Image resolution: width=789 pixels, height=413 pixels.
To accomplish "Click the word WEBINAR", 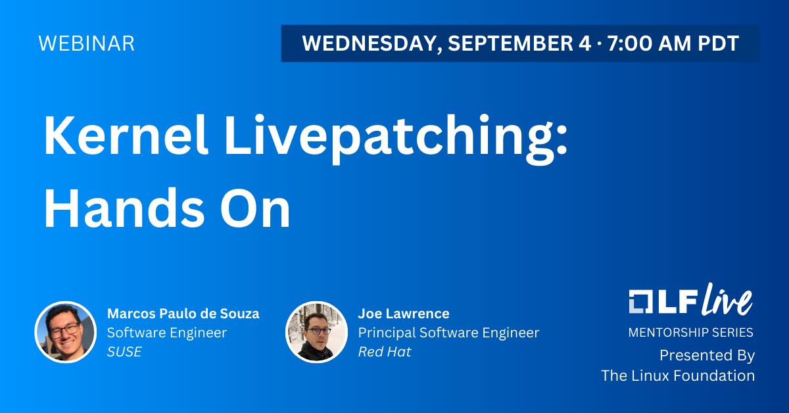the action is (86, 43).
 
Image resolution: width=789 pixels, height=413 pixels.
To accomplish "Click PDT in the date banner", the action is (718, 43).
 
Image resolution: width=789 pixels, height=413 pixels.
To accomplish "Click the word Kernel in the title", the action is (126, 135).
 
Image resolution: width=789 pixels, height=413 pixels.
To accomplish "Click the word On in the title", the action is (255, 208).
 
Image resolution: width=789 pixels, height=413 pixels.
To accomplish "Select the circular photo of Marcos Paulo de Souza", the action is (66, 332).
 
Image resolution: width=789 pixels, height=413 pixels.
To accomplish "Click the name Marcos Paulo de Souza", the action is (183, 314).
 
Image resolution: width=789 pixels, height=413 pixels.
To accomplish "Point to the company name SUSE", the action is (124, 352).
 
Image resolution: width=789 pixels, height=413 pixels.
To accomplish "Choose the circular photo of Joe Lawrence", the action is (316, 332).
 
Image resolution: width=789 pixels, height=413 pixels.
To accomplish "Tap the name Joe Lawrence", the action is (404, 314).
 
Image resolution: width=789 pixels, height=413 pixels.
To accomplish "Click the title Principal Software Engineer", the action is (448, 333).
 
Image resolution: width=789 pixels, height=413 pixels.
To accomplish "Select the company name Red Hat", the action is (385, 352).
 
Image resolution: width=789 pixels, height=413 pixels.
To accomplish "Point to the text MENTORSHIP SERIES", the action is (691, 332).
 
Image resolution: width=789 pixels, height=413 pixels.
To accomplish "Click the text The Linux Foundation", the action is (678, 376).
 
